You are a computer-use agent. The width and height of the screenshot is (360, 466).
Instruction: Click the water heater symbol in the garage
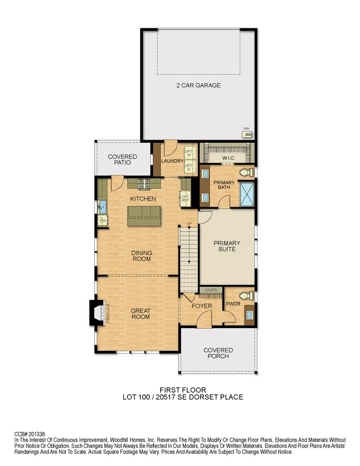[247, 134]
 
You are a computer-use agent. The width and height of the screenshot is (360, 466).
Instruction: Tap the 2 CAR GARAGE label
[198, 85]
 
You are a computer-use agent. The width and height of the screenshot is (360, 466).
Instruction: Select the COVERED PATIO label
[122, 159]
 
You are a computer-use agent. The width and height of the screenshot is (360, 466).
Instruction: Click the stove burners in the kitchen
[144, 184]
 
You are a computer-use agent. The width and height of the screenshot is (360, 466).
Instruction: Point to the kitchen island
[144, 216]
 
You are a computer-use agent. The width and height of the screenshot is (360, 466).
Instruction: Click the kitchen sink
[103, 207]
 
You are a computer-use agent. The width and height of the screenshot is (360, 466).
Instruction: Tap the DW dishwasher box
[103, 221]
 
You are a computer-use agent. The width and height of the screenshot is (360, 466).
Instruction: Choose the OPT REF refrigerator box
[185, 199]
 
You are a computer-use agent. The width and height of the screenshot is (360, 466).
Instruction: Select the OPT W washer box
[189, 153]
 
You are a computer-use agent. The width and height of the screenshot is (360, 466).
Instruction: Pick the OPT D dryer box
[189, 167]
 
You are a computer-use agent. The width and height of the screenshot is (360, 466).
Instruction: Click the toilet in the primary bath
[246, 172]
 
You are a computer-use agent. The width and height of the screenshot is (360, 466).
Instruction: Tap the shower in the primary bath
[247, 194]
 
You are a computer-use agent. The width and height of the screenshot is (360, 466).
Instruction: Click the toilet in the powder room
[246, 295]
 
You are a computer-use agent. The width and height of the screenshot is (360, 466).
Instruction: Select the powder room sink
[249, 314]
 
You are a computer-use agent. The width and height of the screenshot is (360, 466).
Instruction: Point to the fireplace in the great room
[98, 312]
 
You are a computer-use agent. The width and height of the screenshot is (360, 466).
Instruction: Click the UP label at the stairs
[189, 223]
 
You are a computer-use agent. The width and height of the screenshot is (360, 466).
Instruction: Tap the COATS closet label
[211, 290]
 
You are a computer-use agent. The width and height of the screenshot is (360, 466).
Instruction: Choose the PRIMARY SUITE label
[227, 246]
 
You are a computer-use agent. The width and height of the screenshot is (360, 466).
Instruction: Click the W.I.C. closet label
[229, 158]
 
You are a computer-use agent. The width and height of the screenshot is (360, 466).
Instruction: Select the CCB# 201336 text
[30, 434]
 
